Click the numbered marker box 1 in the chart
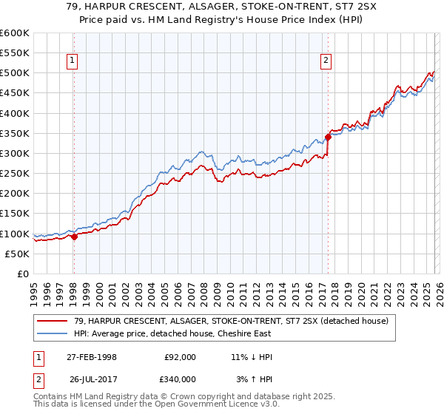point(73,61)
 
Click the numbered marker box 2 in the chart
point(326,61)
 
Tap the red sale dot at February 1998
point(74,237)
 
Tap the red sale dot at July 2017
point(328,137)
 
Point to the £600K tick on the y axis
point(15,33)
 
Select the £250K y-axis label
point(15,173)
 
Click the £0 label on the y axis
point(23,274)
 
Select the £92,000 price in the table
point(180,357)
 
